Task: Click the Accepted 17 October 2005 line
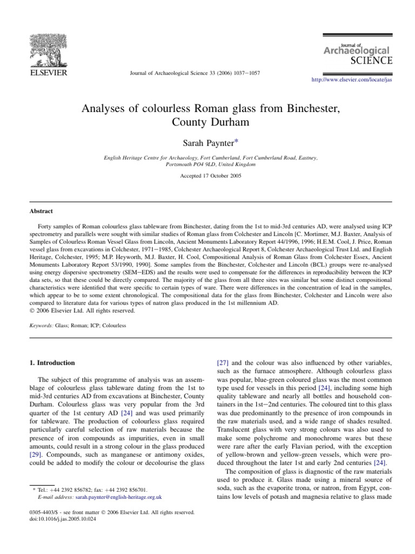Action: click(207, 176)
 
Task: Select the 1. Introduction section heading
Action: click(52, 362)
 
